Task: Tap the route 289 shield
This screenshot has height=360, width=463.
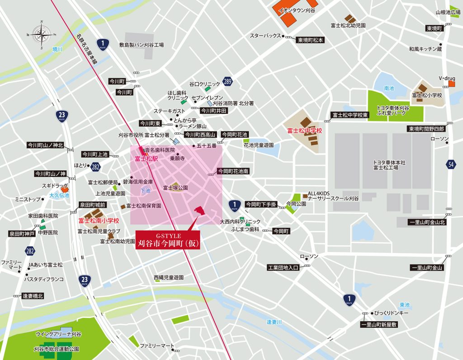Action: tap(227, 82)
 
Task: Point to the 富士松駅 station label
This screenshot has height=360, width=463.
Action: tap(146, 159)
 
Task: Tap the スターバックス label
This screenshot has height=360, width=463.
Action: tap(265, 36)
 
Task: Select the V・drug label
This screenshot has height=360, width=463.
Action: tap(446, 78)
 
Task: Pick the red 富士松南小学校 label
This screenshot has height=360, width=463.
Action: tap(98, 221)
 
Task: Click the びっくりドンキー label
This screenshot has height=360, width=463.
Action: tap(392, 313)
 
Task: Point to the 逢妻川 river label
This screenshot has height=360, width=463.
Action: tap(274, 322)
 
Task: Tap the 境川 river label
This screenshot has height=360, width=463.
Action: tap(57, 49)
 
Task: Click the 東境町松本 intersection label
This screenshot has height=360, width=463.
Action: tap(310, 40)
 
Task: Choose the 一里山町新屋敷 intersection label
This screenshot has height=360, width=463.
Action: tap(379, 324)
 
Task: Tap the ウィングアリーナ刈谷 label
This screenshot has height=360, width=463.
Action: tap(58, 334)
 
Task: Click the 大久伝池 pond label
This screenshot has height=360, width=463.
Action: tap(59, 195)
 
